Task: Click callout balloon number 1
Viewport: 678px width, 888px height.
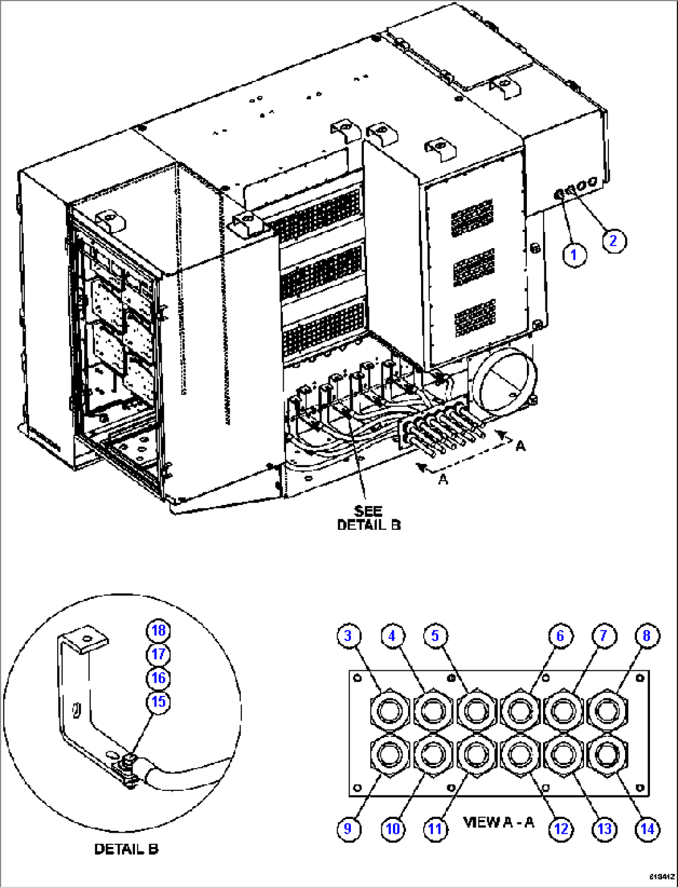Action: tap(574, 255)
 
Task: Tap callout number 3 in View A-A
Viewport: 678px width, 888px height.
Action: tap(348, 636)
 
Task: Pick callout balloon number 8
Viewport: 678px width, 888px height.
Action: tap(647, 636)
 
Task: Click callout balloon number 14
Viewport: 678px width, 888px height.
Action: tap(647, 828)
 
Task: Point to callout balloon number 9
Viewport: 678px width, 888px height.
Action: tap(348, 828)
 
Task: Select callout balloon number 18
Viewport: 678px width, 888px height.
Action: tap(159, 631)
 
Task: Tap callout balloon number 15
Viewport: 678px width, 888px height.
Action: tap(159, 701)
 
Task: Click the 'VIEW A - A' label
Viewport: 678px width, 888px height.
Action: tap(499, 822)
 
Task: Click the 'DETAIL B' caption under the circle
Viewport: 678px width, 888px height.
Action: tap(126, 849)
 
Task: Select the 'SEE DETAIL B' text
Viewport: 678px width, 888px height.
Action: tap(368, 518)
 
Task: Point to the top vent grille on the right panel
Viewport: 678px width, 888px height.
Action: tap(473, 218)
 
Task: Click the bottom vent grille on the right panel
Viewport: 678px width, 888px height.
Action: tap(475, 318)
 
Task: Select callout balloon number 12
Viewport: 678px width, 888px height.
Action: tap(560, 828)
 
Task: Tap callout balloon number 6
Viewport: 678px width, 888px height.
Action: tap(560, 636)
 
